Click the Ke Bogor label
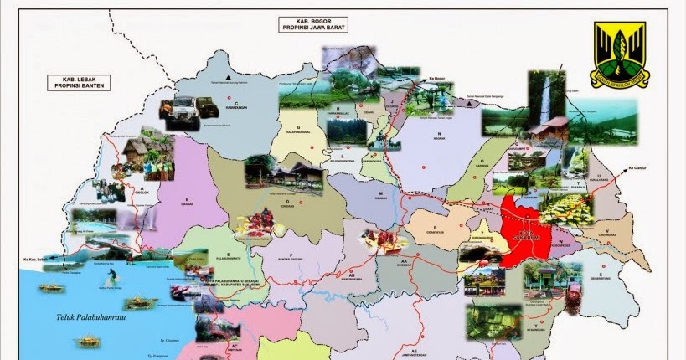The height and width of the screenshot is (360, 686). click(440, 78)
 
